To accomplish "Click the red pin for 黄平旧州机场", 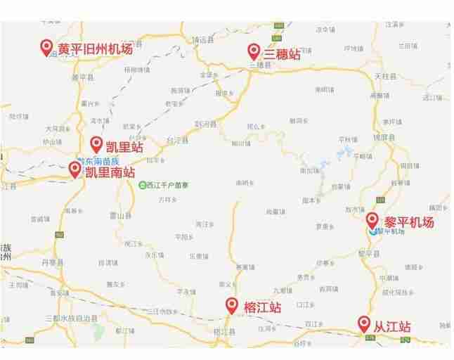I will pos(47,47).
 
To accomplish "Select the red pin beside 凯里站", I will pos(96,144).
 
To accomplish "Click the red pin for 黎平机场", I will pos(372,219).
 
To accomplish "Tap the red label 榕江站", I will pos(262,307).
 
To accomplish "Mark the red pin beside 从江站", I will pos(364,323).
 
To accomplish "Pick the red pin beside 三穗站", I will pos(254,51).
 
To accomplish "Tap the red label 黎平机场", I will pos(409,222).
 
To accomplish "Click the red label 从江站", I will pos(392,326).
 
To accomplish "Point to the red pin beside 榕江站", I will pos(232,304).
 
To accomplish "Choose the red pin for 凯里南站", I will pos(74,169).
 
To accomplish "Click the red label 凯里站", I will pos(124,147).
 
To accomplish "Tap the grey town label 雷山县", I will pos(124,215).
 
